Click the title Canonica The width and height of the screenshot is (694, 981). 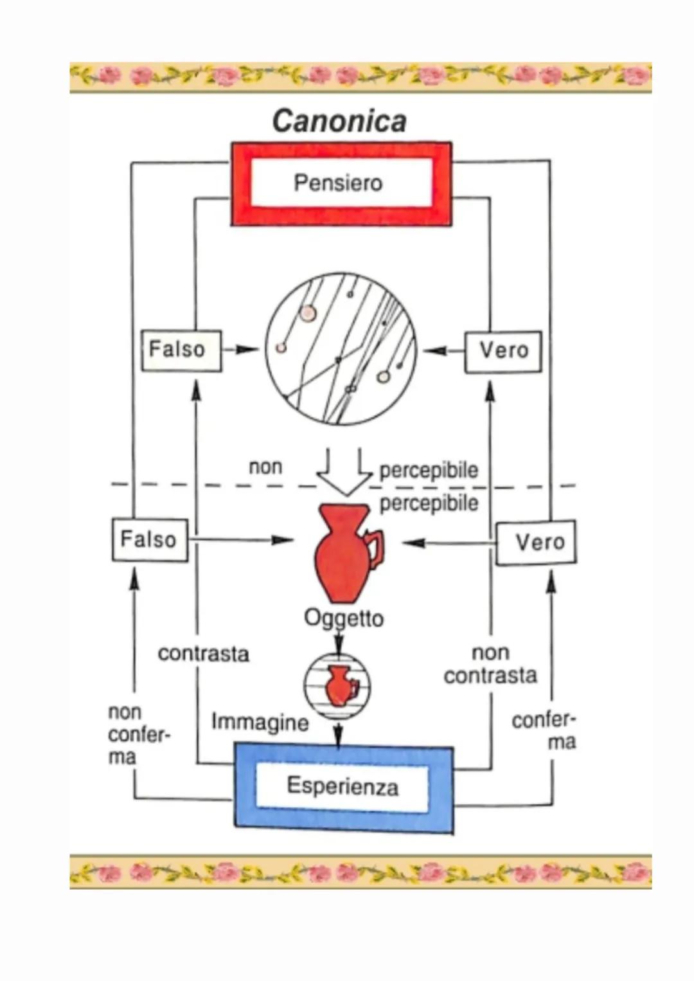[339, 121]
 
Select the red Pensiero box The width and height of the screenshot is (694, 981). [341, 184]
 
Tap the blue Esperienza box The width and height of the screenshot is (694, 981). [343, 787]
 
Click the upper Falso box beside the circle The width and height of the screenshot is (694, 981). [181, 350]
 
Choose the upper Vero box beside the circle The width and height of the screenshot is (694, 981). [503, 351]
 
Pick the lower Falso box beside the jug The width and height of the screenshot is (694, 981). [150, 539]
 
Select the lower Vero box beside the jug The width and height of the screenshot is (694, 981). [537, 543]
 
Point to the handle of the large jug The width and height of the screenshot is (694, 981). [376, 550]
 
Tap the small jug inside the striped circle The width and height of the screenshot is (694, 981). [339, 685]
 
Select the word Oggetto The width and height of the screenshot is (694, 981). [344, 618]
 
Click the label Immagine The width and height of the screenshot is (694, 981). [260, 723]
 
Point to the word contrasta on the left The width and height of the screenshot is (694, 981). [203, 654]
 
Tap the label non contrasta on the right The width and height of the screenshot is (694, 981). [490, 664]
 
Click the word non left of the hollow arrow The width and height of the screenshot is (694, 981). [265, 467]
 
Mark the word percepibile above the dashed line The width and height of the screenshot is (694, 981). [429, 470]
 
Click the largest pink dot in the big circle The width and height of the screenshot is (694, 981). [308, 313]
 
